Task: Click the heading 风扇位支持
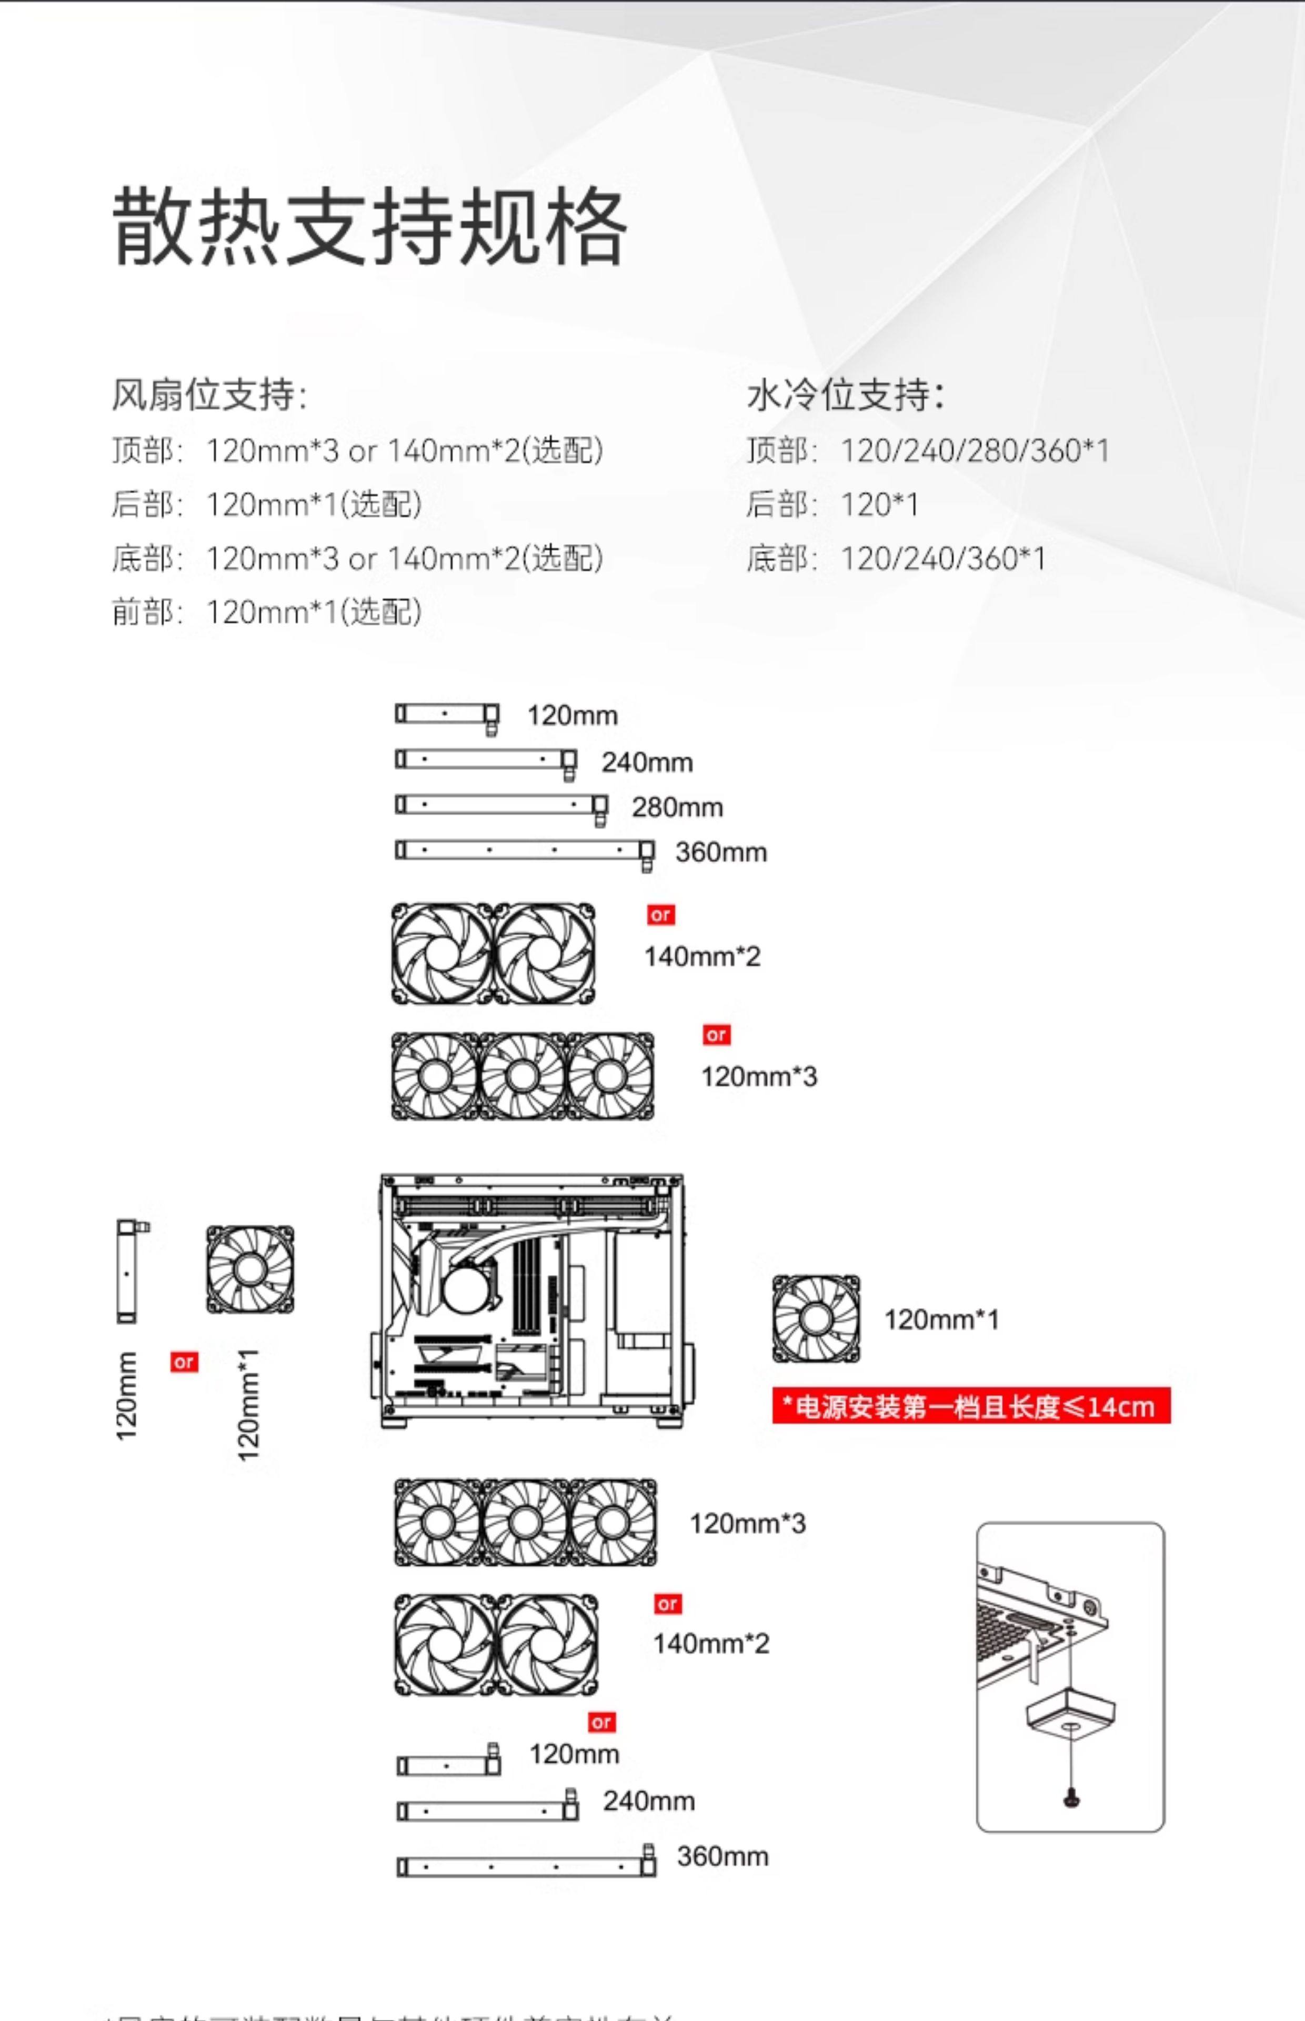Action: (x=209, y=395)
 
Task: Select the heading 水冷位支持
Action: (x=845, y=395)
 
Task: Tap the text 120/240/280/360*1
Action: (x=975, y=451)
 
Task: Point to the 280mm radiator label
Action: (x=677, y=807)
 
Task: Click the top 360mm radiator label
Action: (x=721, y=853)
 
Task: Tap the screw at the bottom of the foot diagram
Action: (x=1071, y=1798)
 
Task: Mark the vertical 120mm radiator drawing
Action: (x=127, y=1271)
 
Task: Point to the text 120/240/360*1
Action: (x=943, y=558)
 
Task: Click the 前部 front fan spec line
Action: (x=266, y=612)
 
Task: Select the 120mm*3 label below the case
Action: (x=747, y=1524)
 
